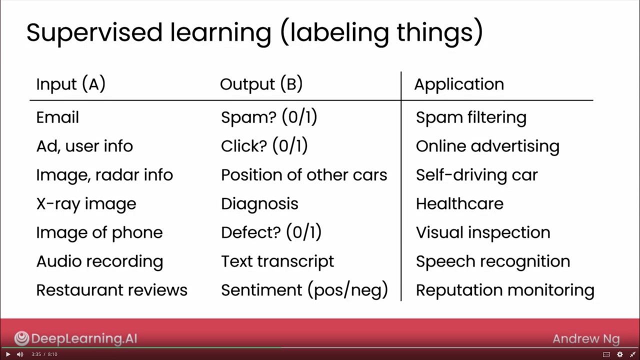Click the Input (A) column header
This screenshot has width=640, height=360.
coord(70,84)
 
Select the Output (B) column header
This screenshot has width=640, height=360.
coord(261,84)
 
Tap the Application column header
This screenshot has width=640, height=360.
coord(458,84)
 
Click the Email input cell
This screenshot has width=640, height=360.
coord(57,117)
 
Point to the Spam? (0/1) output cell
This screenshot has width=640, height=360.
coord(269,117)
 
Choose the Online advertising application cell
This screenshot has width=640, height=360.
coord(487,146)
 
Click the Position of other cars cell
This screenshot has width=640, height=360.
coord(304,175)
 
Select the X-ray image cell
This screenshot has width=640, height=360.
coord(86,204)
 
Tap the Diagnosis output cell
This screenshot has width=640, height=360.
coord(259,204)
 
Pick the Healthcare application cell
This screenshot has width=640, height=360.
coord(459,204)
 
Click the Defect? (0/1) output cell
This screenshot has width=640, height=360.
coord(271,232)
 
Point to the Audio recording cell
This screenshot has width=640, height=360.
coord(99,261)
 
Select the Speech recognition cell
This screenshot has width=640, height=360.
coord(492,261)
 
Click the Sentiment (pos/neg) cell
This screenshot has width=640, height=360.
coord(304,290)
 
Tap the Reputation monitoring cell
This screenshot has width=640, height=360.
coord(505,290)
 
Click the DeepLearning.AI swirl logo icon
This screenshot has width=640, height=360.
coord(21,338)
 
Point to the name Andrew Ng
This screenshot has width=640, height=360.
coord(586,339)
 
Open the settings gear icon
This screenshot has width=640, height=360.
coord(619,354)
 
